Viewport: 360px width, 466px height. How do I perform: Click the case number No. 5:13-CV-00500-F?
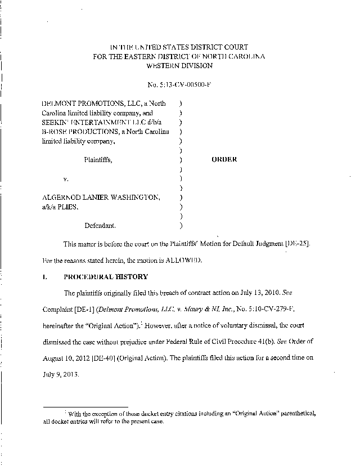181,84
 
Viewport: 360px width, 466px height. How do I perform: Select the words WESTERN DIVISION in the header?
180,65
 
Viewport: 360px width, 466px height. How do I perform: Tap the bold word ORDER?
224,159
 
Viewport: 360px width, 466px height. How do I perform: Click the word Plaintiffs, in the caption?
98,159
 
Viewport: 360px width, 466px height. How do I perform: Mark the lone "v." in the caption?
65,178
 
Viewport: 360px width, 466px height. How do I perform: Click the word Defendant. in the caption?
101,226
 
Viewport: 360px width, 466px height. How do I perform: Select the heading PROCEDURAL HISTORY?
106,277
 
